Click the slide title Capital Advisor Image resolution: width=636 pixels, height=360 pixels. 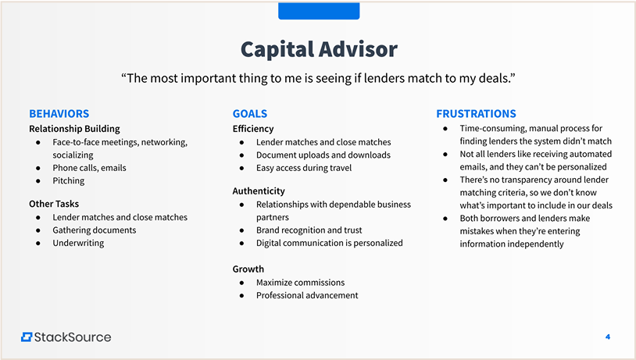319,49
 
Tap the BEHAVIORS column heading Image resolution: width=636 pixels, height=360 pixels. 59,113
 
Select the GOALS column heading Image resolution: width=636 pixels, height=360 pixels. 250,113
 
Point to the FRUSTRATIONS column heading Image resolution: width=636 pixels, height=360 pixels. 476,113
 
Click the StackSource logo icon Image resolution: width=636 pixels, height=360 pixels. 27,337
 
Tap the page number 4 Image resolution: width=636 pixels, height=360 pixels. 608,337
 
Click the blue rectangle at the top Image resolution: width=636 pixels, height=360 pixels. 319,11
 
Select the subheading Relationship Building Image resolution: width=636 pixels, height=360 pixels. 75,129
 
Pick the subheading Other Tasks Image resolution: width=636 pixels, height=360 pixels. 54,204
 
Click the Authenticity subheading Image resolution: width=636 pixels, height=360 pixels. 259,191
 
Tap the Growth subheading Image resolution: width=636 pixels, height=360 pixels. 248,269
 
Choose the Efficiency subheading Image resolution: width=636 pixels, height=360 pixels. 253,129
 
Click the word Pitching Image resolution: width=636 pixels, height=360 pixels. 69,181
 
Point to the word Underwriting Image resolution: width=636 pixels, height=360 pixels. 78,243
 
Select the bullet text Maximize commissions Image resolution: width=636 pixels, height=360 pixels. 301,283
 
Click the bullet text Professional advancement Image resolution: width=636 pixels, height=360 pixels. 307,295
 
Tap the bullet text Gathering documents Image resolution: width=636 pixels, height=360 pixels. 95,230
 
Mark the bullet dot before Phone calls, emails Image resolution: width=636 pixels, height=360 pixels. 38,168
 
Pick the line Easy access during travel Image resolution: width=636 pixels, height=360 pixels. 304,168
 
